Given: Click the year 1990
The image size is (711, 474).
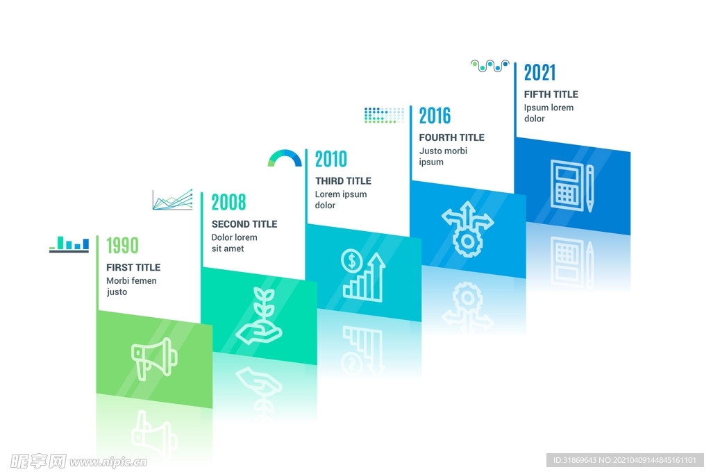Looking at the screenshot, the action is click(x=122, y=246).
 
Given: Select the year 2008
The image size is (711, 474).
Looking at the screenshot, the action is click(x=228, y=202).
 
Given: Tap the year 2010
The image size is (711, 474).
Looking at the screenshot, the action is click(x=331, y=159).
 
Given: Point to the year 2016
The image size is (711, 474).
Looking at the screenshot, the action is click(x=435, y=116).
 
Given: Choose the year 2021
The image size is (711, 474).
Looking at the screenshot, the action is click(x=539, y=72).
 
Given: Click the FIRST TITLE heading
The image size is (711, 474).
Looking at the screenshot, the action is click(x=133, y=267).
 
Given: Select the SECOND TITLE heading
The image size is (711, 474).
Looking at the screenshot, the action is click(x=244, y=224).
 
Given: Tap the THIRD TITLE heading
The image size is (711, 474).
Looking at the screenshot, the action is click(x=343, y=181).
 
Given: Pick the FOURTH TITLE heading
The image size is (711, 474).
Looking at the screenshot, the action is click(x=451, y=137).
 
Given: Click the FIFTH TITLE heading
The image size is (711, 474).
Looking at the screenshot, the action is click(x=551, y=94).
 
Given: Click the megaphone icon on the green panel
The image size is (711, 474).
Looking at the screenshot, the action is click(x=153, y=358).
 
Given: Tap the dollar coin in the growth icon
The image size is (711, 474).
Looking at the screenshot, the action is click(x=351, y=260).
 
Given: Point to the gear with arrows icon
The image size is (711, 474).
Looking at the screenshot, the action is click(x=467, y=229).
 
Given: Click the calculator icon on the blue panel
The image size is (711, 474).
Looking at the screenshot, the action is click(x=567, y=185).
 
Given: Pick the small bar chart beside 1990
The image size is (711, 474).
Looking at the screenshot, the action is click(x=69, y=244).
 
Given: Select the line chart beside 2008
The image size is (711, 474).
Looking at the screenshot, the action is click(x=173, y=200).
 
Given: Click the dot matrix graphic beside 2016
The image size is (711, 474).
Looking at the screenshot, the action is click(x=384, y=115).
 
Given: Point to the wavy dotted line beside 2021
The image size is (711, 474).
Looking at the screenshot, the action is click(x=490, y=66).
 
